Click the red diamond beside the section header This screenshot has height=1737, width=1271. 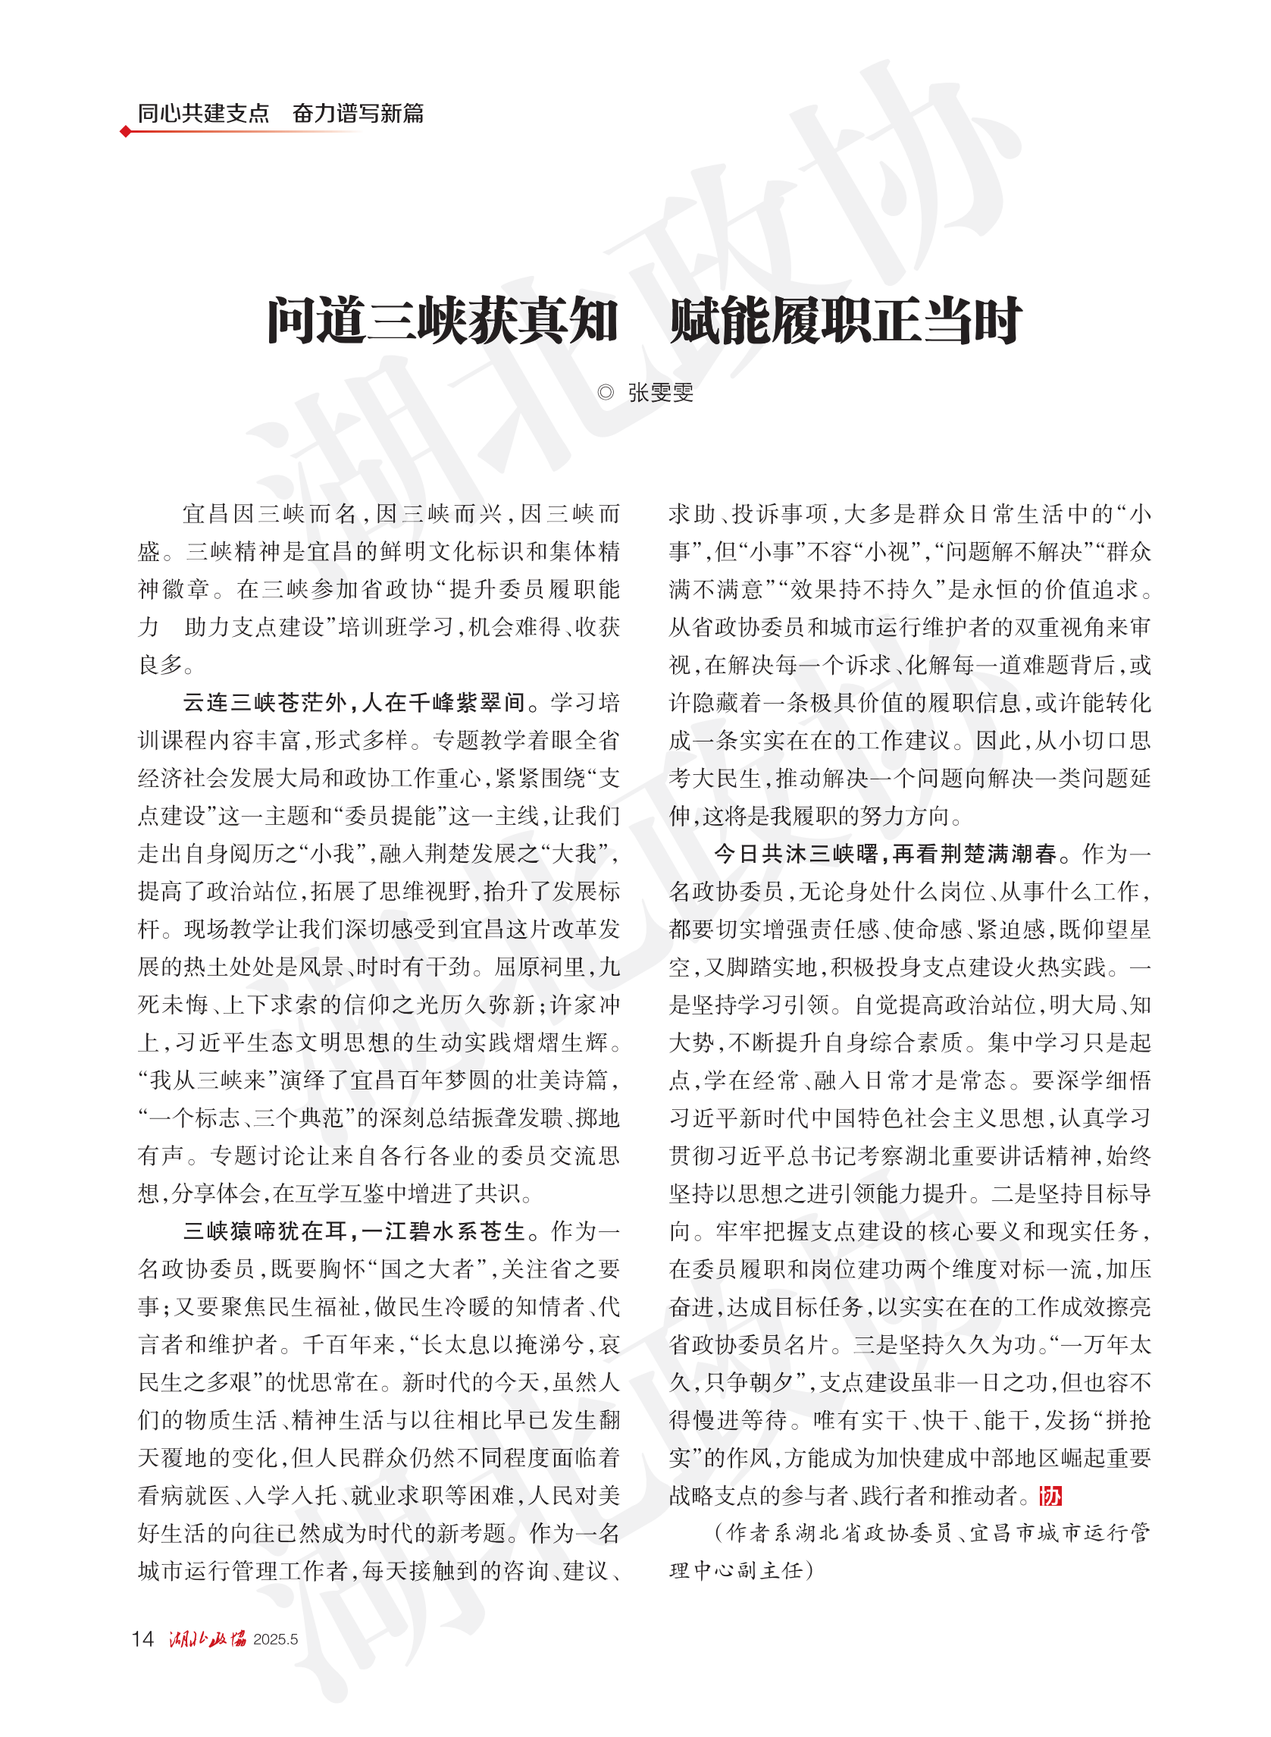click(125, 132)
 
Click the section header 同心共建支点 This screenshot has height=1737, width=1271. click(203, 113)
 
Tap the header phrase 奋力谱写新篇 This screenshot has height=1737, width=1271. click(358, 113)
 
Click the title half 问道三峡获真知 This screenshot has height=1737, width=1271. click(443, 321)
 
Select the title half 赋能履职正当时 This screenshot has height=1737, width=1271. click(845, 321)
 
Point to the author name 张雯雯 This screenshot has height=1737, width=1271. click(661, 393)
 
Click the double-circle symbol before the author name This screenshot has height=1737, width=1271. click(606, 393)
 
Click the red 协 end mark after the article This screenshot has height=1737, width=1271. click(1050, 1495)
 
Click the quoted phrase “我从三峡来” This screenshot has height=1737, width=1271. click(208, 1080)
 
